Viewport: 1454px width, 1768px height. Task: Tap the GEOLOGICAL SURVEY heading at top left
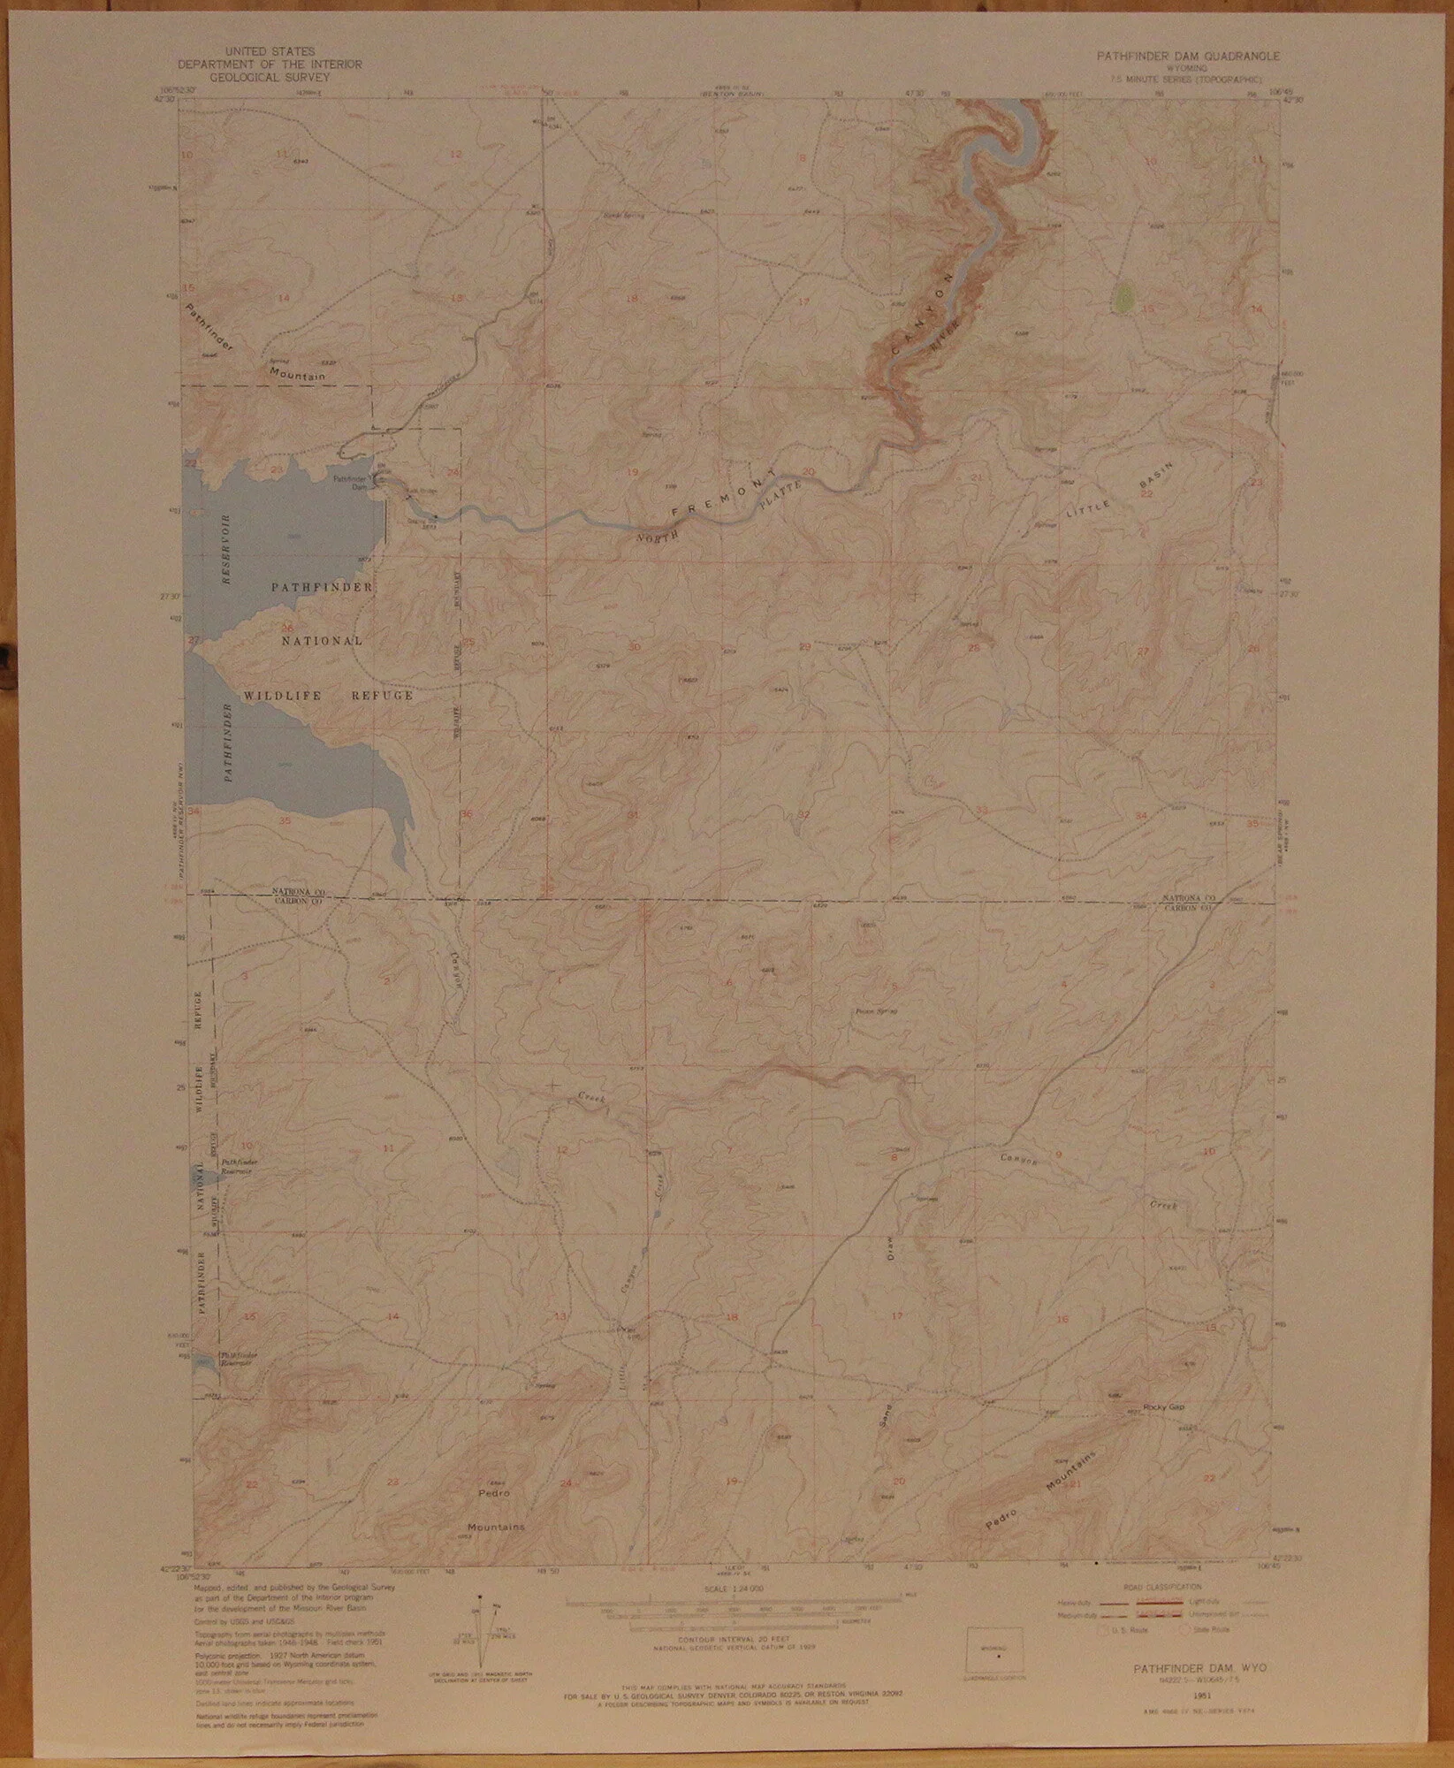(270, 76)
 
